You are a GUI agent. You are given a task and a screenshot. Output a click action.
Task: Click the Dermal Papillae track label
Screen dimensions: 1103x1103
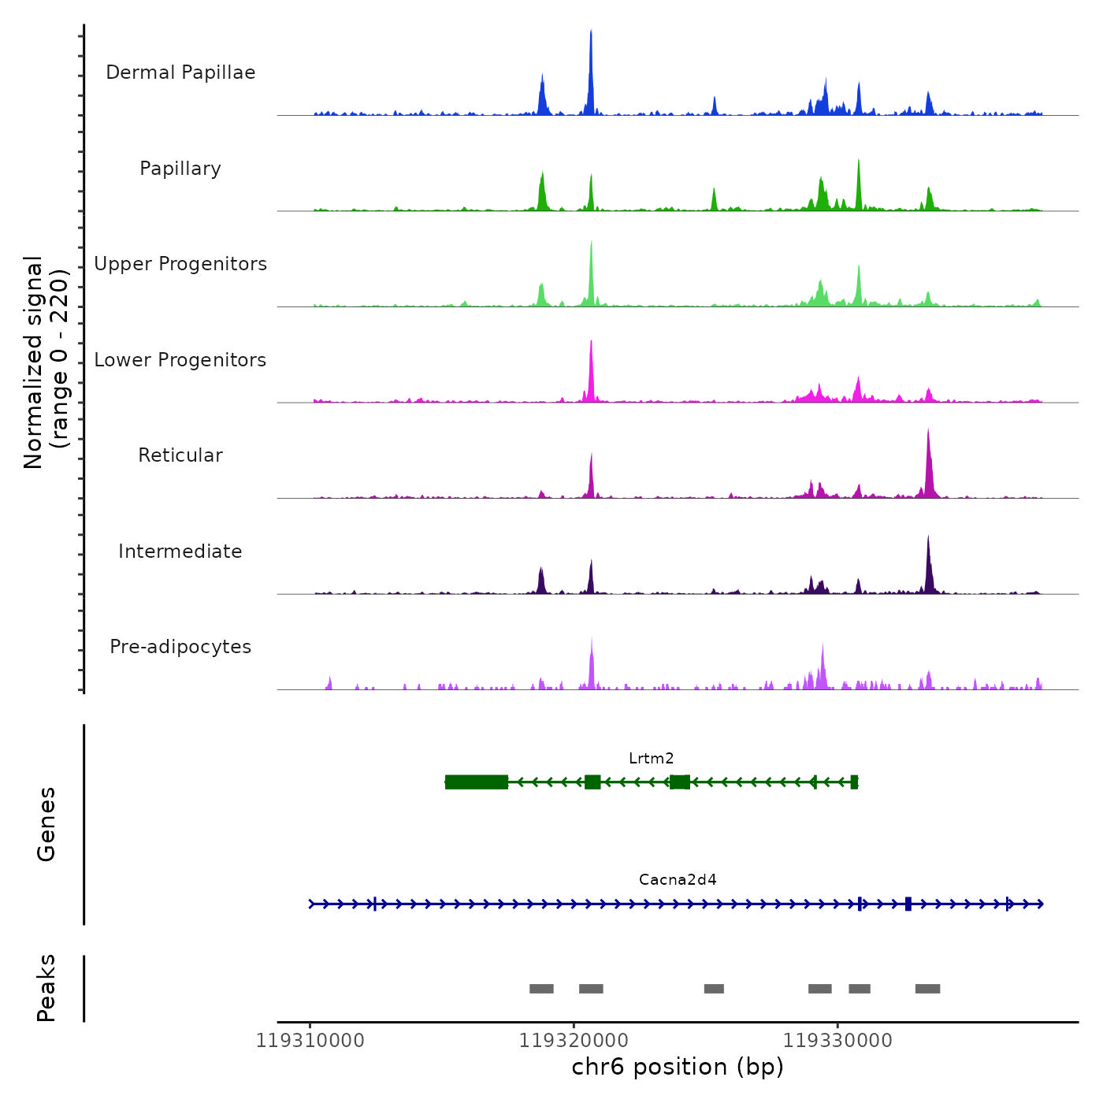[x=180, y=72]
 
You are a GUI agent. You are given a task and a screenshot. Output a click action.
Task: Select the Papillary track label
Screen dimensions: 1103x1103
[x=180, y=169]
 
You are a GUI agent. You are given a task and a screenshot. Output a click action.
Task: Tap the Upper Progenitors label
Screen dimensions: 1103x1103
[x=180, y=264]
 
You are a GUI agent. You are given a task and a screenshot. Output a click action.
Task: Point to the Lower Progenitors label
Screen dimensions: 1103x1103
[x=180, y=360]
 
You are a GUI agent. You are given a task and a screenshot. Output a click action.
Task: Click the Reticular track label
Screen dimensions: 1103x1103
[x=180, y=455]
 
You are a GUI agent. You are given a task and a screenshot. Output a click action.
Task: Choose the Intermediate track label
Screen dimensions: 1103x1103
[x=180, y=551]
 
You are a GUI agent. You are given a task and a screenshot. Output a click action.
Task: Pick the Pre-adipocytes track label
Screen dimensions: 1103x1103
[x=180, y=647]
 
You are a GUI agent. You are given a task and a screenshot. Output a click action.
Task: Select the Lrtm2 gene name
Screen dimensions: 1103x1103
[x=651, y=759]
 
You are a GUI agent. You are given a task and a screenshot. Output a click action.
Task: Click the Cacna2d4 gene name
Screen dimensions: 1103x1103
[x=678, y=880]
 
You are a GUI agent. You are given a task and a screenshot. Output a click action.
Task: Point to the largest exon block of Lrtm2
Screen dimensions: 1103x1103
[x=476, y=782]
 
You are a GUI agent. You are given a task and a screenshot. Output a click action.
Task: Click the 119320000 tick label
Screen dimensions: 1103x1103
[x=574, y=1041]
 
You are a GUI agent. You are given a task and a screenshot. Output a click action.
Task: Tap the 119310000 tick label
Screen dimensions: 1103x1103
[x=310, y=1041]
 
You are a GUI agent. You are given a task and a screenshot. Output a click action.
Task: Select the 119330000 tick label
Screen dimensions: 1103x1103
[x=837, y=1041]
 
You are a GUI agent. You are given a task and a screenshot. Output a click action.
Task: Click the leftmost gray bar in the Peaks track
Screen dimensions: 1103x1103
[x=541, y=989]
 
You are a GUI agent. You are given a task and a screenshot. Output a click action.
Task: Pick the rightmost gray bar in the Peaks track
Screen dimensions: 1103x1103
[x=927, y=989]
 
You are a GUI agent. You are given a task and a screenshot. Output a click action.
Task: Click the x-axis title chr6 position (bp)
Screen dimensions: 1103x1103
[x=678, y=1068]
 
